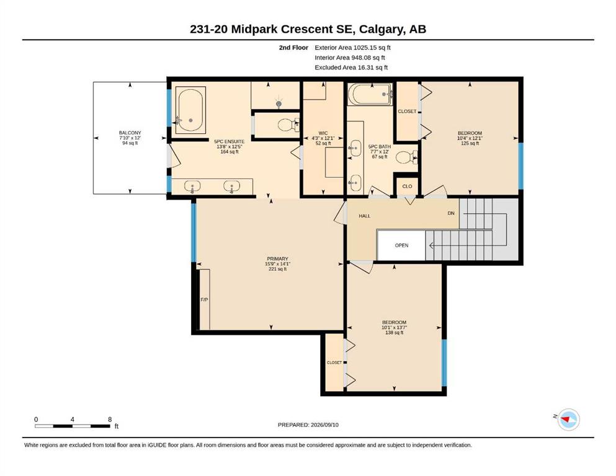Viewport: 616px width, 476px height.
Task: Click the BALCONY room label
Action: (130, 133)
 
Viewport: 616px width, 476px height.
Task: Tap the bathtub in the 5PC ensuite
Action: (190, 110)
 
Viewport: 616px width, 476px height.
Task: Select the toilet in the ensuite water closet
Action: (288, 125)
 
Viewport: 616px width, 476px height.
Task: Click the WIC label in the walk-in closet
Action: (323, 133)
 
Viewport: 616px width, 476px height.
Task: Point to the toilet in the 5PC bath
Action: (406, 157)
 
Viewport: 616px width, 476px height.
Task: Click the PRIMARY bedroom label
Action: (277, 258)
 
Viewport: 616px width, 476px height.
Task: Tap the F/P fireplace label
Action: (204, 300)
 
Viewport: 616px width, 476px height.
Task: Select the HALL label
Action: (364, 216)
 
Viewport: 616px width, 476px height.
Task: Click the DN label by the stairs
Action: (451, 213)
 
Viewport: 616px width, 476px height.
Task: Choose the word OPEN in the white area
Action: (401, 245)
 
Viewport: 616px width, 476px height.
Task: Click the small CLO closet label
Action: (407, 186)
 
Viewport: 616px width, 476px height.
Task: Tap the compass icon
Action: (568, 420)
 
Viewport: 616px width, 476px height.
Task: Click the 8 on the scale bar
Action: (110, 419)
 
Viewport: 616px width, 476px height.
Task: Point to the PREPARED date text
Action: (308, 425)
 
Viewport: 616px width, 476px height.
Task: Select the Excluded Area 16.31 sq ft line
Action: (351, 67)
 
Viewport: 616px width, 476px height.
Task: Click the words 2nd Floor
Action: (293, 48)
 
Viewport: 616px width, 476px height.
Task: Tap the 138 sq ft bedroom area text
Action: (394, 332)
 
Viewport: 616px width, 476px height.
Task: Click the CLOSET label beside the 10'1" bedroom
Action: (334, 363)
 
